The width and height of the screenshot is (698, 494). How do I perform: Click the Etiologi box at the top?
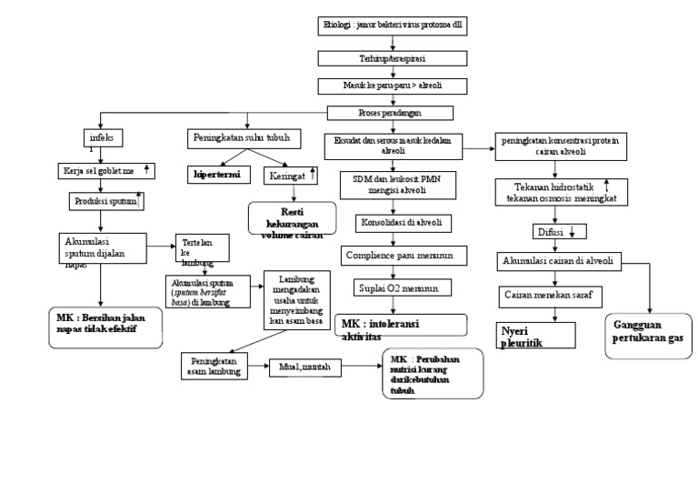pyautogui.click(x=394, y=26)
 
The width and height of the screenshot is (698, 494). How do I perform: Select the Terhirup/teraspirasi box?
pyautogui.click(x=394, y=58)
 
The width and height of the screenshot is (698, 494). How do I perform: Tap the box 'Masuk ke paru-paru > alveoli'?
pyautogui.click(x=394, y=86)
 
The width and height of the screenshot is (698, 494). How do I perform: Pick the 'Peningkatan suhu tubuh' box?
pyautogui.click(x=241, y=138)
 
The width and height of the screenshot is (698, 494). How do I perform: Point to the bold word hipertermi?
pyautogui.click(x=223, y=172)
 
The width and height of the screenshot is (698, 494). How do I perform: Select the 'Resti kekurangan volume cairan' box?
pyautogui.click(x=287, y=218)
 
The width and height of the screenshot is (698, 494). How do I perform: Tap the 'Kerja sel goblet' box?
pyautogui.click(x=105, y=170)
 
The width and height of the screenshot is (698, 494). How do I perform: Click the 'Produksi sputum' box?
pyautogui.click(x=107, y=200)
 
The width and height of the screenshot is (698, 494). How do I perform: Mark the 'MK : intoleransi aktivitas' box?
pyautogui.click(x=400, y=325)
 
